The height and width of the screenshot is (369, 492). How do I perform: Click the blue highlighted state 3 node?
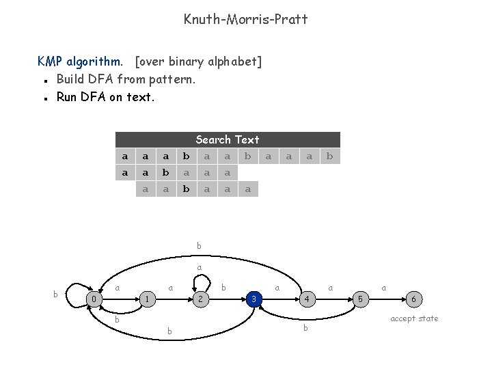tap(254, 299)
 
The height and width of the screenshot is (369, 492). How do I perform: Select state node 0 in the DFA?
tap(94, 299)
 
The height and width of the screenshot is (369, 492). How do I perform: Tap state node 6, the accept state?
tap(414, 299)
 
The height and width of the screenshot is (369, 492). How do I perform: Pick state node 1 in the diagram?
tap(147, 299)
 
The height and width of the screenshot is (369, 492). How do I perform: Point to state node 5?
tap(361, 299)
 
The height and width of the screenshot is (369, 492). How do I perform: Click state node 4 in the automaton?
tap(307, 299)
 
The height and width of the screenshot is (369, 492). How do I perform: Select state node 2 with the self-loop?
tap(200, 299)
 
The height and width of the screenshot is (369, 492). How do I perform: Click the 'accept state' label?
tap(414, 318)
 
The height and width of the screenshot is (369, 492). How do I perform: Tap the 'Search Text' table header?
tap(228, 139)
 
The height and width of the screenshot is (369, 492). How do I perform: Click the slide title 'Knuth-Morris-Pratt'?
tap(246, 19)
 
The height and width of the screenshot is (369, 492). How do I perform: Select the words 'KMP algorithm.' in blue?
tap(80, 61)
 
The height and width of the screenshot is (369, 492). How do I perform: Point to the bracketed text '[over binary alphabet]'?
tap(198, 61)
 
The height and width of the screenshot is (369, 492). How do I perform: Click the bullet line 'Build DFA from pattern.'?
tap(126, 79)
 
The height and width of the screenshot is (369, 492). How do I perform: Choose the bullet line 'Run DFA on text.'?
tap(105, 97)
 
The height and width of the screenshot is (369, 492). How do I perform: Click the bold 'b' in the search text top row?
tap(186, 156)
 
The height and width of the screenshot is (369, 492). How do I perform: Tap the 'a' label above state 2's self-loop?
tap(200, 268)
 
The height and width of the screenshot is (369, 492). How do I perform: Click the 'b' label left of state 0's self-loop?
tap(55, 294)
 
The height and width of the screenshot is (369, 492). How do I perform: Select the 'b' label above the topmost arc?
tap(199, 246)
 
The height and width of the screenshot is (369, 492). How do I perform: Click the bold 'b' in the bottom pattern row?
tap(186, 189)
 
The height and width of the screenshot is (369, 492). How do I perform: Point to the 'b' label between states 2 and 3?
tap(223, 288)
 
